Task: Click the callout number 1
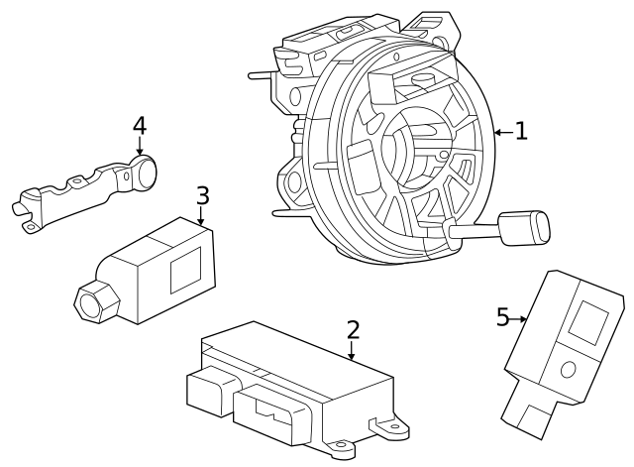click(521, 130)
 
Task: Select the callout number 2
click(352, 330)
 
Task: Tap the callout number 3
click(202, 194)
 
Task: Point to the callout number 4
click(140, 126)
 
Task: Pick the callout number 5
click(502, 317)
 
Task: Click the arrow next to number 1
click(502, 131)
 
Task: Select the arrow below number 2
click(352, 350)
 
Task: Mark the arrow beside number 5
click(519, 318)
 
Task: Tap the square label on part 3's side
click(185, 269)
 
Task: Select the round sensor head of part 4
click(145, 174)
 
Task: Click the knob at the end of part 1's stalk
click(528, 226)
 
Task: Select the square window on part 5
click(589, 321)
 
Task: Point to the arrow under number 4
click(140, 149)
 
